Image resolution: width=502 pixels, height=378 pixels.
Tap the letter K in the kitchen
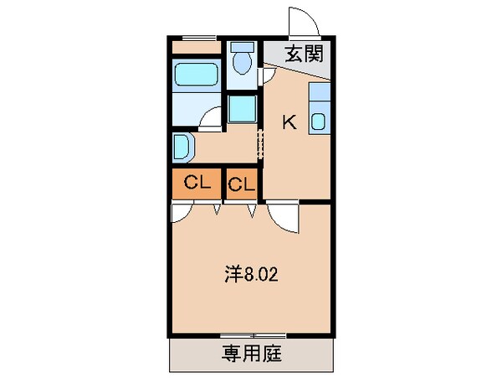click(x=289, y=122)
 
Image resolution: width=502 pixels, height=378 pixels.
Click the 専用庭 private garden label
click(x=252, y=354)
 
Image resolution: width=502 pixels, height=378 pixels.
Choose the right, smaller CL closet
click(x=242, y=184)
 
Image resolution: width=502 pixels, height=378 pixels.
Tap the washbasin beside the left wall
click(x=183, y=147)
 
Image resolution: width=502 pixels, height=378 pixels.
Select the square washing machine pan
click(x=243, y=111)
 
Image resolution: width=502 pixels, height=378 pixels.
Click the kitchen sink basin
click(x=320, y=122)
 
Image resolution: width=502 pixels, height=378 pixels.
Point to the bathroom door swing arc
click(x=211, y=117)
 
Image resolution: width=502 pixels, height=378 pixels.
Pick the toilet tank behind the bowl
click(x=243, y=46)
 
